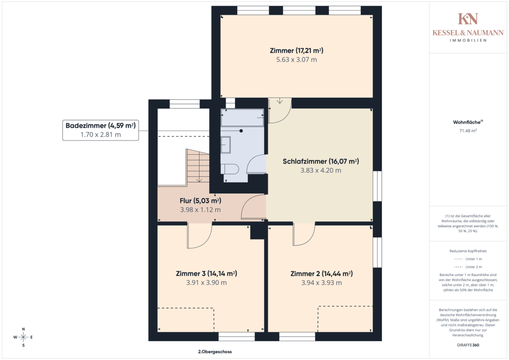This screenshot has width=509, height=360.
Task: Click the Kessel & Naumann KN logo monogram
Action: [x=468, y=19]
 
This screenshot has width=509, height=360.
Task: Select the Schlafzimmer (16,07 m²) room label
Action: [x=321, y=161]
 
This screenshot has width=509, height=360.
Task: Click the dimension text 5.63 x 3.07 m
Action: [x=296, y=60]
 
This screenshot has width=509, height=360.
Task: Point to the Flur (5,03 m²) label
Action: [x=200, y=201]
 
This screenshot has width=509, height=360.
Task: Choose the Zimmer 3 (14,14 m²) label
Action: [x=207, y=273]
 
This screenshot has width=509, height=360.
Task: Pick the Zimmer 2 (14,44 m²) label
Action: [x=321, y=273]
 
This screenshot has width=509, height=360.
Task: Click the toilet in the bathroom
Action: [x=230, y=169]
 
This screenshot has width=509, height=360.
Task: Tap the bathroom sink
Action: [x=225, y=145]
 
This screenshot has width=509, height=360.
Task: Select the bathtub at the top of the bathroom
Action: [x=242, y=118]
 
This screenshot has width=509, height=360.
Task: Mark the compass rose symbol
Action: [x=23, y=337]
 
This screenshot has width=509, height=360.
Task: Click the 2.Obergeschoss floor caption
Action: [x=215, y=351]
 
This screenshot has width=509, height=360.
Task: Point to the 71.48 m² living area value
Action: [x=468, y=131]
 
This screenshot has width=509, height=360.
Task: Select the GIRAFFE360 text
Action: [x=468, y=345]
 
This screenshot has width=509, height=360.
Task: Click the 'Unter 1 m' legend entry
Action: [x=468, y=259]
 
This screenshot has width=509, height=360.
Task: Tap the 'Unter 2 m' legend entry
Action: [x=468, y=267]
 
